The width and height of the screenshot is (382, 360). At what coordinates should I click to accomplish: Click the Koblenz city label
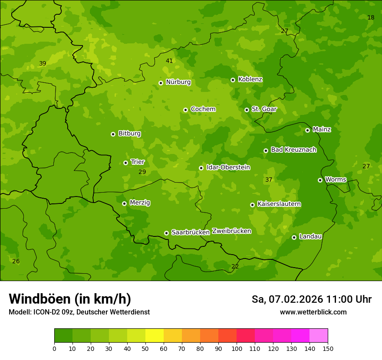pos(250,79)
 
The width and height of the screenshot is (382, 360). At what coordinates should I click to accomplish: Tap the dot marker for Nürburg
pos(161,83)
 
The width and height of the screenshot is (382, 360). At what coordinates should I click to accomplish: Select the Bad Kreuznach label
pos(293,150)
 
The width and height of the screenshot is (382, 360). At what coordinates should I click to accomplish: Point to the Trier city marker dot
pos(125,163)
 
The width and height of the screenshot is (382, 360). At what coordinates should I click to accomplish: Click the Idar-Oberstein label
pos(228,167)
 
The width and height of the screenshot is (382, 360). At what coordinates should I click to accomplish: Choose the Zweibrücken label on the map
pos(231,231)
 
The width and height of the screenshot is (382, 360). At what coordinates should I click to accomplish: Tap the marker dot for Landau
pos(294,237)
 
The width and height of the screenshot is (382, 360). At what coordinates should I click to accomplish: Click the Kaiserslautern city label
pos(279,204)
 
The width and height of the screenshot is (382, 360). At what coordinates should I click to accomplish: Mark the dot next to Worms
pos(320,180)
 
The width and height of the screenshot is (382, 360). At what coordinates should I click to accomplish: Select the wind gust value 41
pos(169,61)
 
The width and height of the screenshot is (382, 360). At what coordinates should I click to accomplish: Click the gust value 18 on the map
pos(371,17)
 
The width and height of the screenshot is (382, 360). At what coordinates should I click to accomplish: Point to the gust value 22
pos(235,266)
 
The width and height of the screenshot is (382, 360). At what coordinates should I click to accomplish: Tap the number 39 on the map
pos(43,63)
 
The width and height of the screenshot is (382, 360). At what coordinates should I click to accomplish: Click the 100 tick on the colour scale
pos(237,348)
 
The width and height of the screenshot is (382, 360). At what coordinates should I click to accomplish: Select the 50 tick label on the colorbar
pos(145,348)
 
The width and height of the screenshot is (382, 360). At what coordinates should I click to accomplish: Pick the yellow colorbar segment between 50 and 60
pos(155,336)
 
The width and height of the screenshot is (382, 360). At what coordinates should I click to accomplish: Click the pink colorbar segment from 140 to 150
pos(319,336)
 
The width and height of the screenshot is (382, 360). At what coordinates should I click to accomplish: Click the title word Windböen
pos(40,299)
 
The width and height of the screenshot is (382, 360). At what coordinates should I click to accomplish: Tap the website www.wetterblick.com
pos(313,312)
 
